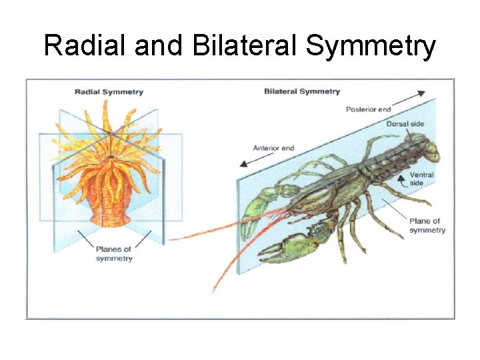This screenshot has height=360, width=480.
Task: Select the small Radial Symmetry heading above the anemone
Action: [109, 92]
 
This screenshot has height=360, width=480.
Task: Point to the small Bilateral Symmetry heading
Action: [302, 91]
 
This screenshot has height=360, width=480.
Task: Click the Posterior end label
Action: [368, 109]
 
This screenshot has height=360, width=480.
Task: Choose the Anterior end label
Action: [273, 148]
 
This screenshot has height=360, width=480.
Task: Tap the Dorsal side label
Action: [405, 124]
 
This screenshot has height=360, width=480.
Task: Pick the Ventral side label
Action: [421, 179]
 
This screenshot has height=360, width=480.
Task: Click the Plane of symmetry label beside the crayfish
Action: [427, 225]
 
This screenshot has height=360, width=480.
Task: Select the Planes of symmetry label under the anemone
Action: [113, 254]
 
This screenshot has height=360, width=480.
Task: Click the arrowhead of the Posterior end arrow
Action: [422, 94]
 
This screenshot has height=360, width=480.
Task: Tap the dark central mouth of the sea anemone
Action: [109, 158]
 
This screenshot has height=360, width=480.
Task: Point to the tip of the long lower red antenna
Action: [214, 291]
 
